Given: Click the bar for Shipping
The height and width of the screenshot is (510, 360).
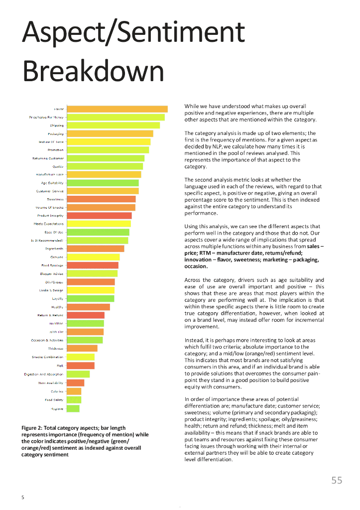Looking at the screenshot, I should (x=113, y=126).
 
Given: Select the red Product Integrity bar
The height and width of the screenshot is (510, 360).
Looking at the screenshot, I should (x=99, y=216).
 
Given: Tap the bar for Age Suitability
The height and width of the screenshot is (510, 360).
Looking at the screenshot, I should (x=103, y=183).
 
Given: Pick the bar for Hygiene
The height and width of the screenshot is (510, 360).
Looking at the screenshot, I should (x=73, y=408).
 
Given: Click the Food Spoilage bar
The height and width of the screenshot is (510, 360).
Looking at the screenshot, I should (x=93, y=265).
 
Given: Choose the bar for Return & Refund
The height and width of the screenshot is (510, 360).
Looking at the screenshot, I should (x=86, y=315).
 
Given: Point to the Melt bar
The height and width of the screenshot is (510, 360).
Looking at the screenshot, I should (x=80, y=366).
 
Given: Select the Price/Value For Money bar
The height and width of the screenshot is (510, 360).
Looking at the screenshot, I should (x=116, y=118).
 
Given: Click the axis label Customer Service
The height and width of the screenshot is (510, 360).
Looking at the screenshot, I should (x=50, y=191).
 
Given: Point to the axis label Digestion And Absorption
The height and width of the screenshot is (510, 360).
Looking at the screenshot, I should (x=44, y=374).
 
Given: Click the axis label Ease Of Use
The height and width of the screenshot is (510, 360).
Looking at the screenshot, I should (x=54, y=232).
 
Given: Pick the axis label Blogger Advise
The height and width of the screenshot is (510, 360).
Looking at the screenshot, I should (x=52, y=274).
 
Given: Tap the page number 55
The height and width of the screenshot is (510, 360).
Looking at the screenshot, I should (x=337, y=480).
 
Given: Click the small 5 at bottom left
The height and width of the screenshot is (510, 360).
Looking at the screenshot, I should (x=22, y=498).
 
